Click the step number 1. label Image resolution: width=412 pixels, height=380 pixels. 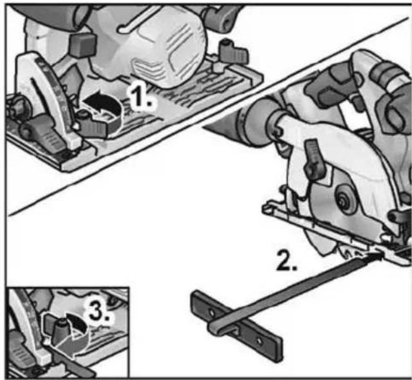coord(141,99)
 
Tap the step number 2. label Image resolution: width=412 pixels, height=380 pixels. coord(286,260)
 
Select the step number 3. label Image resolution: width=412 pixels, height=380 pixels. coord(98,312)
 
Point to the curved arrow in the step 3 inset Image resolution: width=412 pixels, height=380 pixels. coord(77,324)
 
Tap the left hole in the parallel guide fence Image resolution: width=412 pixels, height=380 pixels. coord(211,312)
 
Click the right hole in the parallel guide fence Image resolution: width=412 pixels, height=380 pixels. coord(259,341)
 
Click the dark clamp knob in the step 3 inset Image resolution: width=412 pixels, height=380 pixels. coord(60,331)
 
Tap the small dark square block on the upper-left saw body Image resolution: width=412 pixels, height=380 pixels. coord(82,44)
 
